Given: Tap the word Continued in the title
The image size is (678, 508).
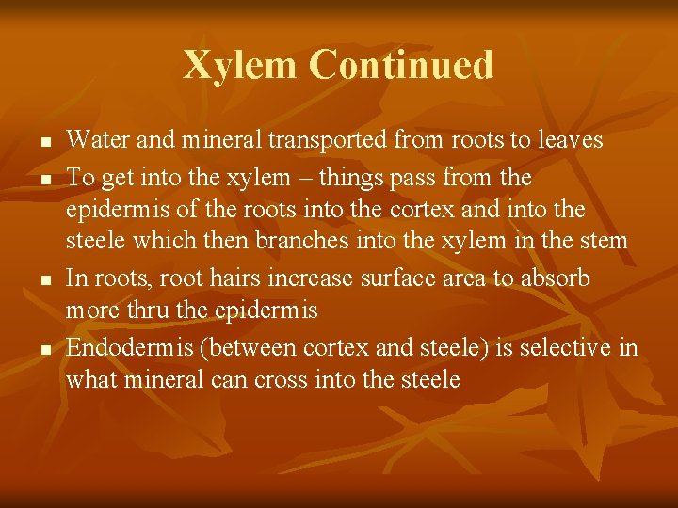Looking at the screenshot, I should (x=400, y=66).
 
